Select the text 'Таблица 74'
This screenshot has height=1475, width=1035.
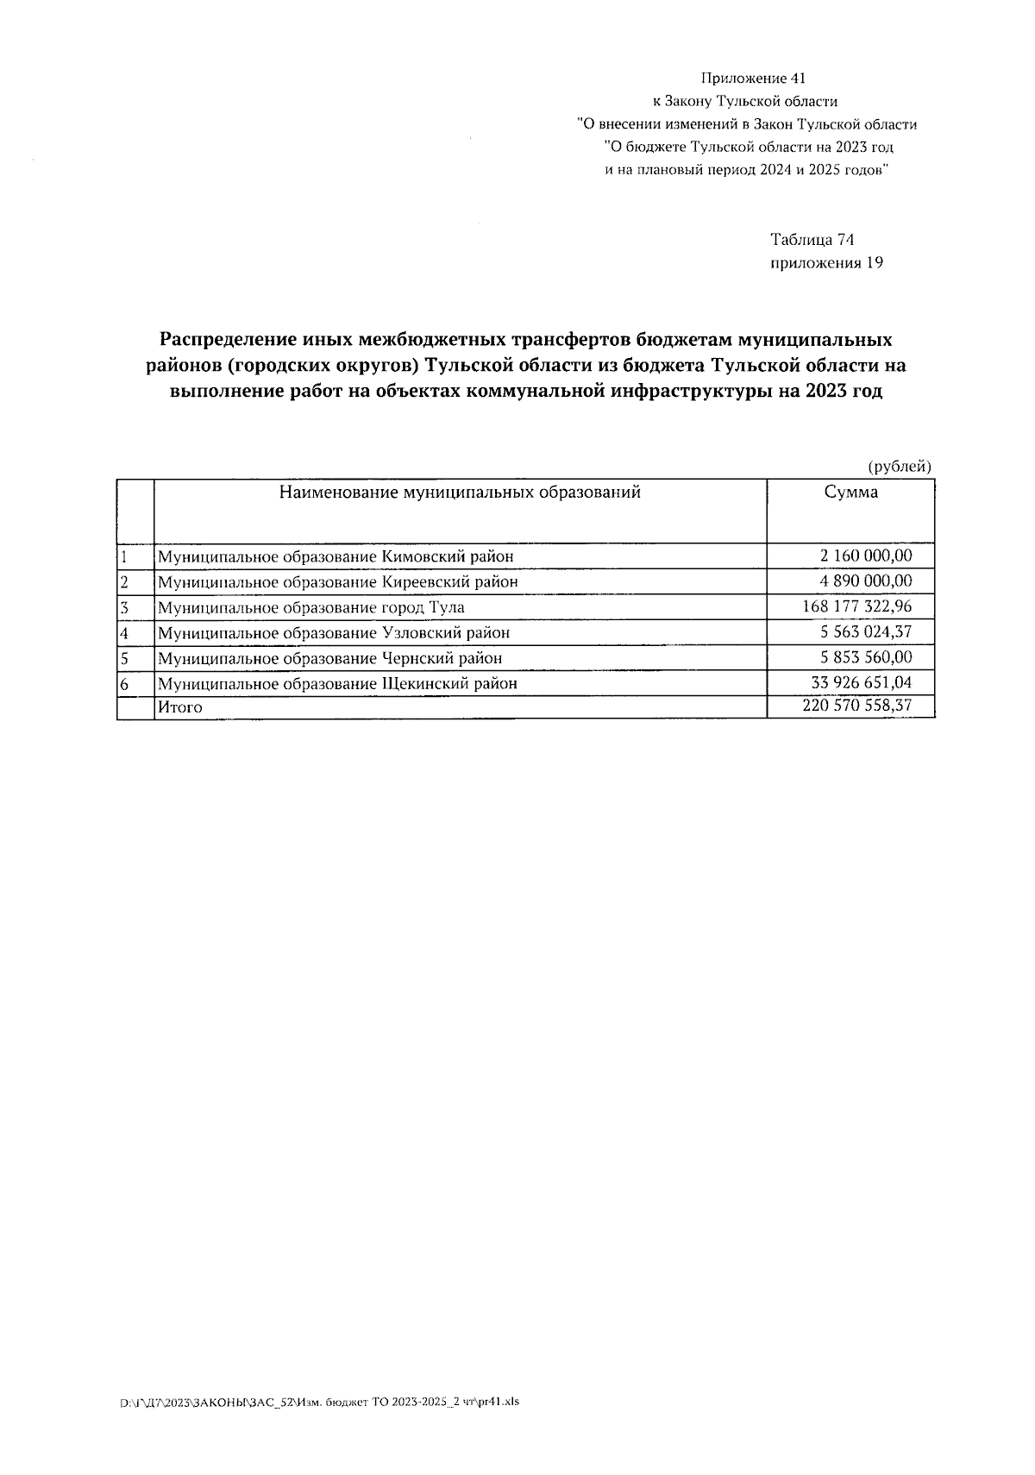coord(812,240)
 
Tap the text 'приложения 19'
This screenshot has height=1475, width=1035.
coord(825,263)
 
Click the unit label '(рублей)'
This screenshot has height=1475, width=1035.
coord(900,467)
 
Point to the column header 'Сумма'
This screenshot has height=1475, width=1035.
coord(850,493)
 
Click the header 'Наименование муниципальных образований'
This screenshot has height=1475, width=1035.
coord(460,493)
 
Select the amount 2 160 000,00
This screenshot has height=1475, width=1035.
coord(865,555)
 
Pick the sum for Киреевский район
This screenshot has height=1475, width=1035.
coord(865,581)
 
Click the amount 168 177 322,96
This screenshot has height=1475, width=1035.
coord(856,606)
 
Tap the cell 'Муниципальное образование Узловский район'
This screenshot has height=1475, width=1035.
coord(333,632)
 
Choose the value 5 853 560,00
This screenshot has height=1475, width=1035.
coord(865,657)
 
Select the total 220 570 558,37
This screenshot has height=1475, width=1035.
coord(856,706)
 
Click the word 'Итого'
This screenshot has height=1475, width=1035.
coord(179,707)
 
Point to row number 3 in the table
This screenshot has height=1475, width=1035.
coord(124,607)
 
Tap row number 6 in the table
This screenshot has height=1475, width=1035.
coord(124,683)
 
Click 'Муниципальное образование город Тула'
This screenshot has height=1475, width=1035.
coord(310,607)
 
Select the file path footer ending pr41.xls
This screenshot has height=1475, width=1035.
coord(320,1402)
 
